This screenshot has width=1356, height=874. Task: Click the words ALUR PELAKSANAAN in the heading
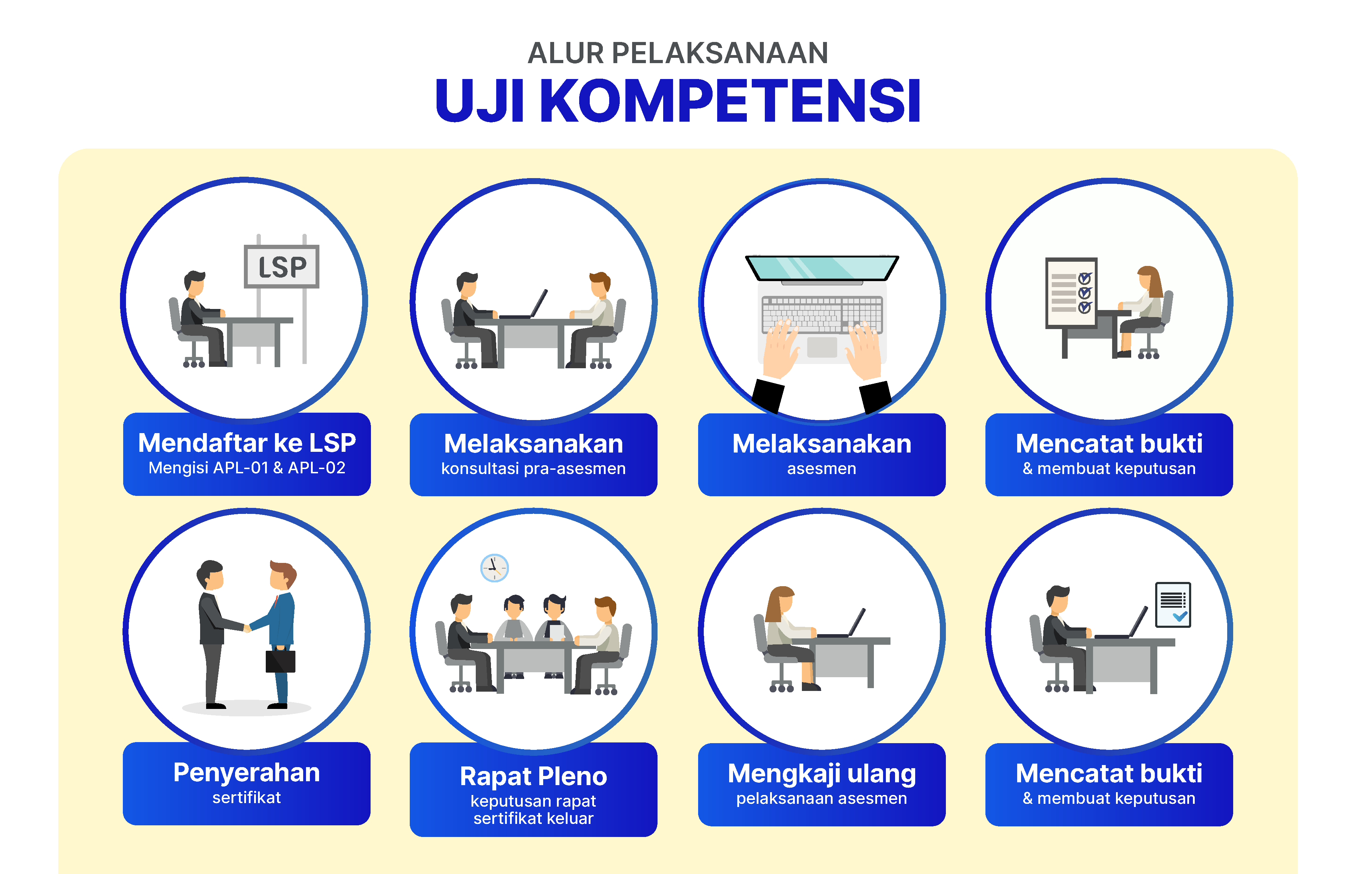coord(677,53)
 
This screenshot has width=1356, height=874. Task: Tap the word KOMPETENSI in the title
coord(729,101)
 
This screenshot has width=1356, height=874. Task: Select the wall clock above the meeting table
coord(494,568)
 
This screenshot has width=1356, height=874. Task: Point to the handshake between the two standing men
coord(247,628)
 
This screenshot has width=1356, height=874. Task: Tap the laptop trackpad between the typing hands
coord(822,347)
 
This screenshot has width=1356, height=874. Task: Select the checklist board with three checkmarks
coord(1071,293)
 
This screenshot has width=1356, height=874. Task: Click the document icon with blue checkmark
coord(1172,605)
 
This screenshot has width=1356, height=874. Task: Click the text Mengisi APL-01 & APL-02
coord(247,468)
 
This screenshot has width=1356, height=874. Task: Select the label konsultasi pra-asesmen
coord(533,469)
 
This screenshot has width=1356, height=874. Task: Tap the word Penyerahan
coord(246,773)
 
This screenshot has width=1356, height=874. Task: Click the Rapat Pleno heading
coord(533,776)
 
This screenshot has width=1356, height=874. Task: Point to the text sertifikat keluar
coord(533,818)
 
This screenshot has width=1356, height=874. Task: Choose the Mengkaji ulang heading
coord(822,773)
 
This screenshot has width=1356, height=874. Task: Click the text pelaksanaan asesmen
coord(822,799)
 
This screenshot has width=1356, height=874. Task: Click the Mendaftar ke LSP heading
coord(247,443)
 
